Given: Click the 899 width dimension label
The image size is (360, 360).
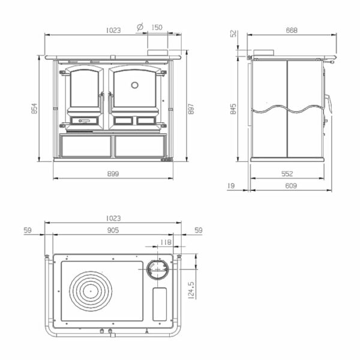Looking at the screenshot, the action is click(x=113, y=174).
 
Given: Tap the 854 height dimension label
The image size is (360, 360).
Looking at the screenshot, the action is click(x=34, y=109).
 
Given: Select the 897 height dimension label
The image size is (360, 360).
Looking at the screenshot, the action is click(x=191, y=109).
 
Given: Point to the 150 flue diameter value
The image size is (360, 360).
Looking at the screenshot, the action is click(x=157, y=28).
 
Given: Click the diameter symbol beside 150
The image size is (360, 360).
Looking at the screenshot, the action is click(x=140, y=27).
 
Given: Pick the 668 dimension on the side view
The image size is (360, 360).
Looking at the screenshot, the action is click(x=292, y=31).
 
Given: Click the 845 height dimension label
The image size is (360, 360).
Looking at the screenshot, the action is click(x=233, y=109).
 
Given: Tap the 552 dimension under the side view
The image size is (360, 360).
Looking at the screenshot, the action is click(x=287, y=174).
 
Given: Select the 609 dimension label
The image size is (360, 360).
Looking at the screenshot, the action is click(x=291, y=185).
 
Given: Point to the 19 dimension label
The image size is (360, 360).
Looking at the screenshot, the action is click(x=231, y=185).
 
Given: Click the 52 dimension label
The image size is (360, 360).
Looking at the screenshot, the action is click(x=233, y=34).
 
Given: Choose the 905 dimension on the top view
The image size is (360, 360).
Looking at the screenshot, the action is click(x=113, y=230).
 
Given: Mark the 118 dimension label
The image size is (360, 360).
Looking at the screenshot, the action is click(x=166, y=242).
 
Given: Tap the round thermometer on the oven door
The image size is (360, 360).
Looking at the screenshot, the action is click(x=135, y=85).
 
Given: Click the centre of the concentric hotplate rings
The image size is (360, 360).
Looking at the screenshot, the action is click(x=91, y=291).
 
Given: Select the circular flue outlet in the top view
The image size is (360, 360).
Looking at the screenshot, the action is click(x=157, y=269).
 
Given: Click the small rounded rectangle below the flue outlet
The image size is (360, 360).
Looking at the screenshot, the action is click(x=160, y=304).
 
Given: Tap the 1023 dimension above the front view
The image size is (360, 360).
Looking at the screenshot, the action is click(x=113, y=31).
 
